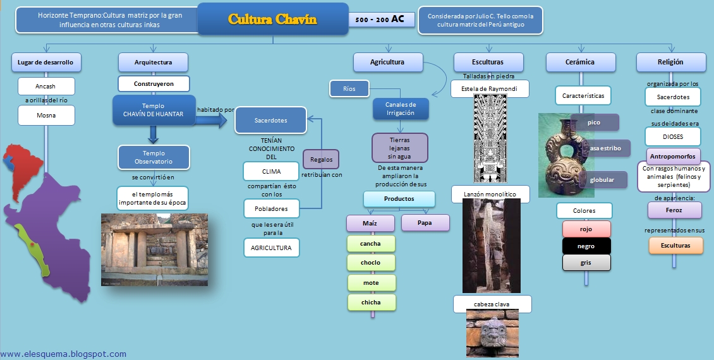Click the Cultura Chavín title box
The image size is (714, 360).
coord(273,19)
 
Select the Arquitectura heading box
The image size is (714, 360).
coord(154,62)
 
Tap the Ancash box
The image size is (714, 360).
coord(46,85)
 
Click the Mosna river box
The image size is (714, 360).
coord(46,115)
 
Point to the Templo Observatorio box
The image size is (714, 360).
coord(154,157)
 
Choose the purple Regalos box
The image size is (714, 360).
coord(322,159)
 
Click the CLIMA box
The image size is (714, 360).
coord(271,171)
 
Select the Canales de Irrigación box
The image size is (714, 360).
coord(401,109)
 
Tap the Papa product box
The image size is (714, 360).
coord(425,222)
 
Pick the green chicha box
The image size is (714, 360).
coord(372,302)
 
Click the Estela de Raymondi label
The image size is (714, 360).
coord(490,88)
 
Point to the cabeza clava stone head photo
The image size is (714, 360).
coord(492,333)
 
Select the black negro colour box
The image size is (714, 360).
coord(586,246)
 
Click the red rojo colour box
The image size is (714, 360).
coord(586,229)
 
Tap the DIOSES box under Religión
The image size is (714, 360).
coord(672,136)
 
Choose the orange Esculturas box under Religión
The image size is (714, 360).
coord(675,245)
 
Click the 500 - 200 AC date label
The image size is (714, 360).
coord(381,20)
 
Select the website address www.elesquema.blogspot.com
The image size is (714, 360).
coord(63,354)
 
